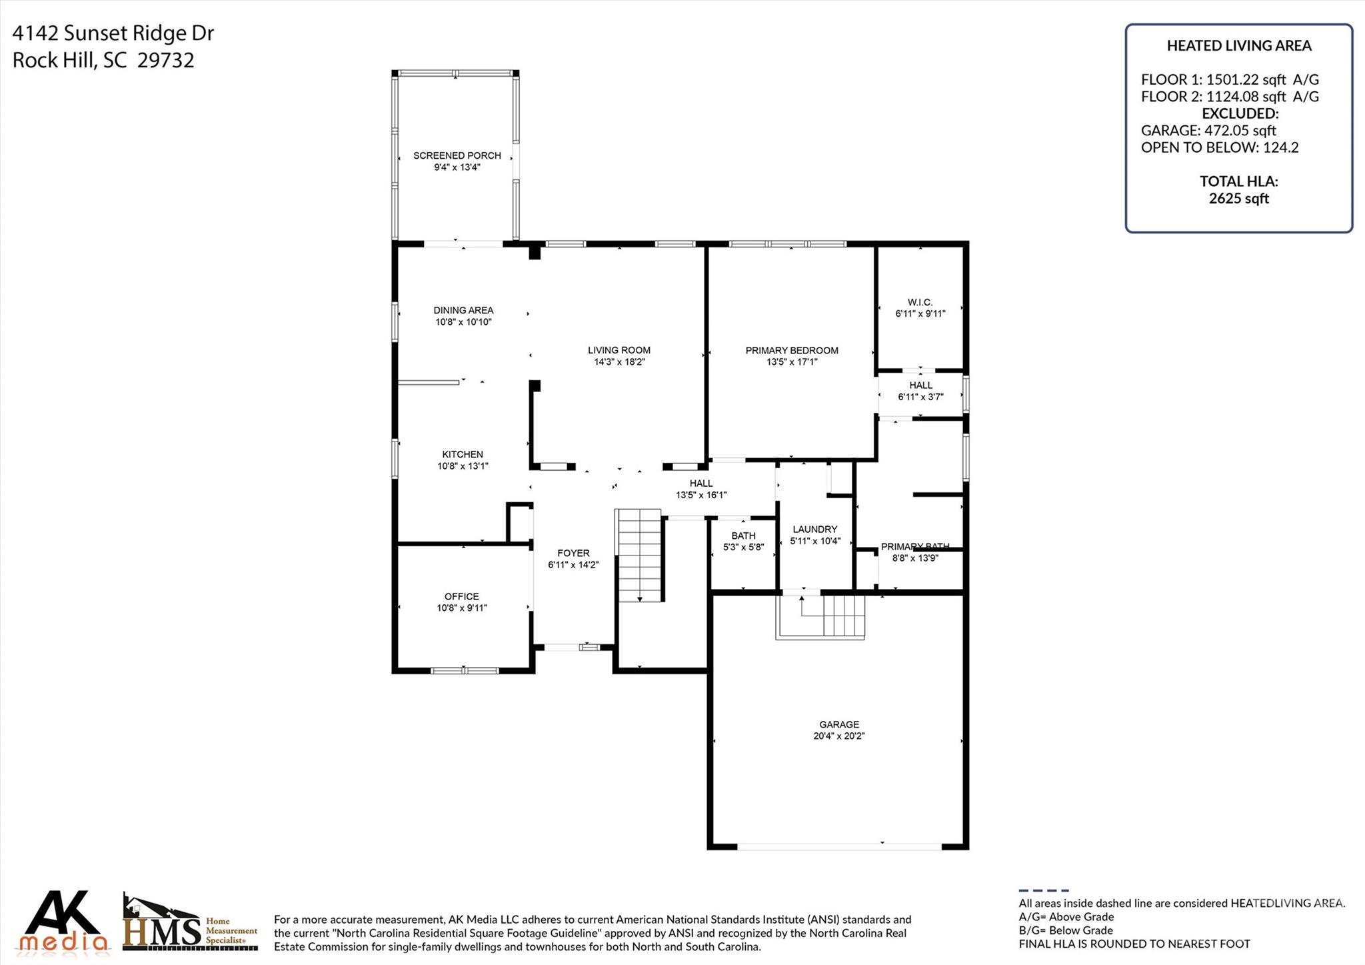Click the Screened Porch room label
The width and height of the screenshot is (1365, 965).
(457, 155)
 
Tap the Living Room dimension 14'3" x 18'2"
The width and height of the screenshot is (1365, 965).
(619, 362)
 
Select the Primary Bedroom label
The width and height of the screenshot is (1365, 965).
(791, 350)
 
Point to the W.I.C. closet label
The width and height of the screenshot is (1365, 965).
(920, 302)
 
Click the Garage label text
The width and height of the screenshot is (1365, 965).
(838, 724)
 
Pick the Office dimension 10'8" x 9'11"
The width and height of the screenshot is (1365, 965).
(462, 608)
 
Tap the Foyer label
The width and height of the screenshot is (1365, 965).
(573, 553)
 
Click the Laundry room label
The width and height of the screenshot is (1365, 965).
(814, 529)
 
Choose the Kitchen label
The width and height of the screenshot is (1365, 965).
(463, 454)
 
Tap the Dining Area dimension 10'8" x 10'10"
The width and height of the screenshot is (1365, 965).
(463, 322)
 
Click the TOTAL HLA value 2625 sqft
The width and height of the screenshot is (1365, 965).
(1238, 199)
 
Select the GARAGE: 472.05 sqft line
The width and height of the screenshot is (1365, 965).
(1208, 131)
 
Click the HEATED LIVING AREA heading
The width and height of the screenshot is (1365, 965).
(1238, 46)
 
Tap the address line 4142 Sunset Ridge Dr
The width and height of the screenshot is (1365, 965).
(113, 33)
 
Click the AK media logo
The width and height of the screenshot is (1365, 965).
(64, 922)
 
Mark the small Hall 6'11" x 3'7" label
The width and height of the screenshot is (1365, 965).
(920, 391)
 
